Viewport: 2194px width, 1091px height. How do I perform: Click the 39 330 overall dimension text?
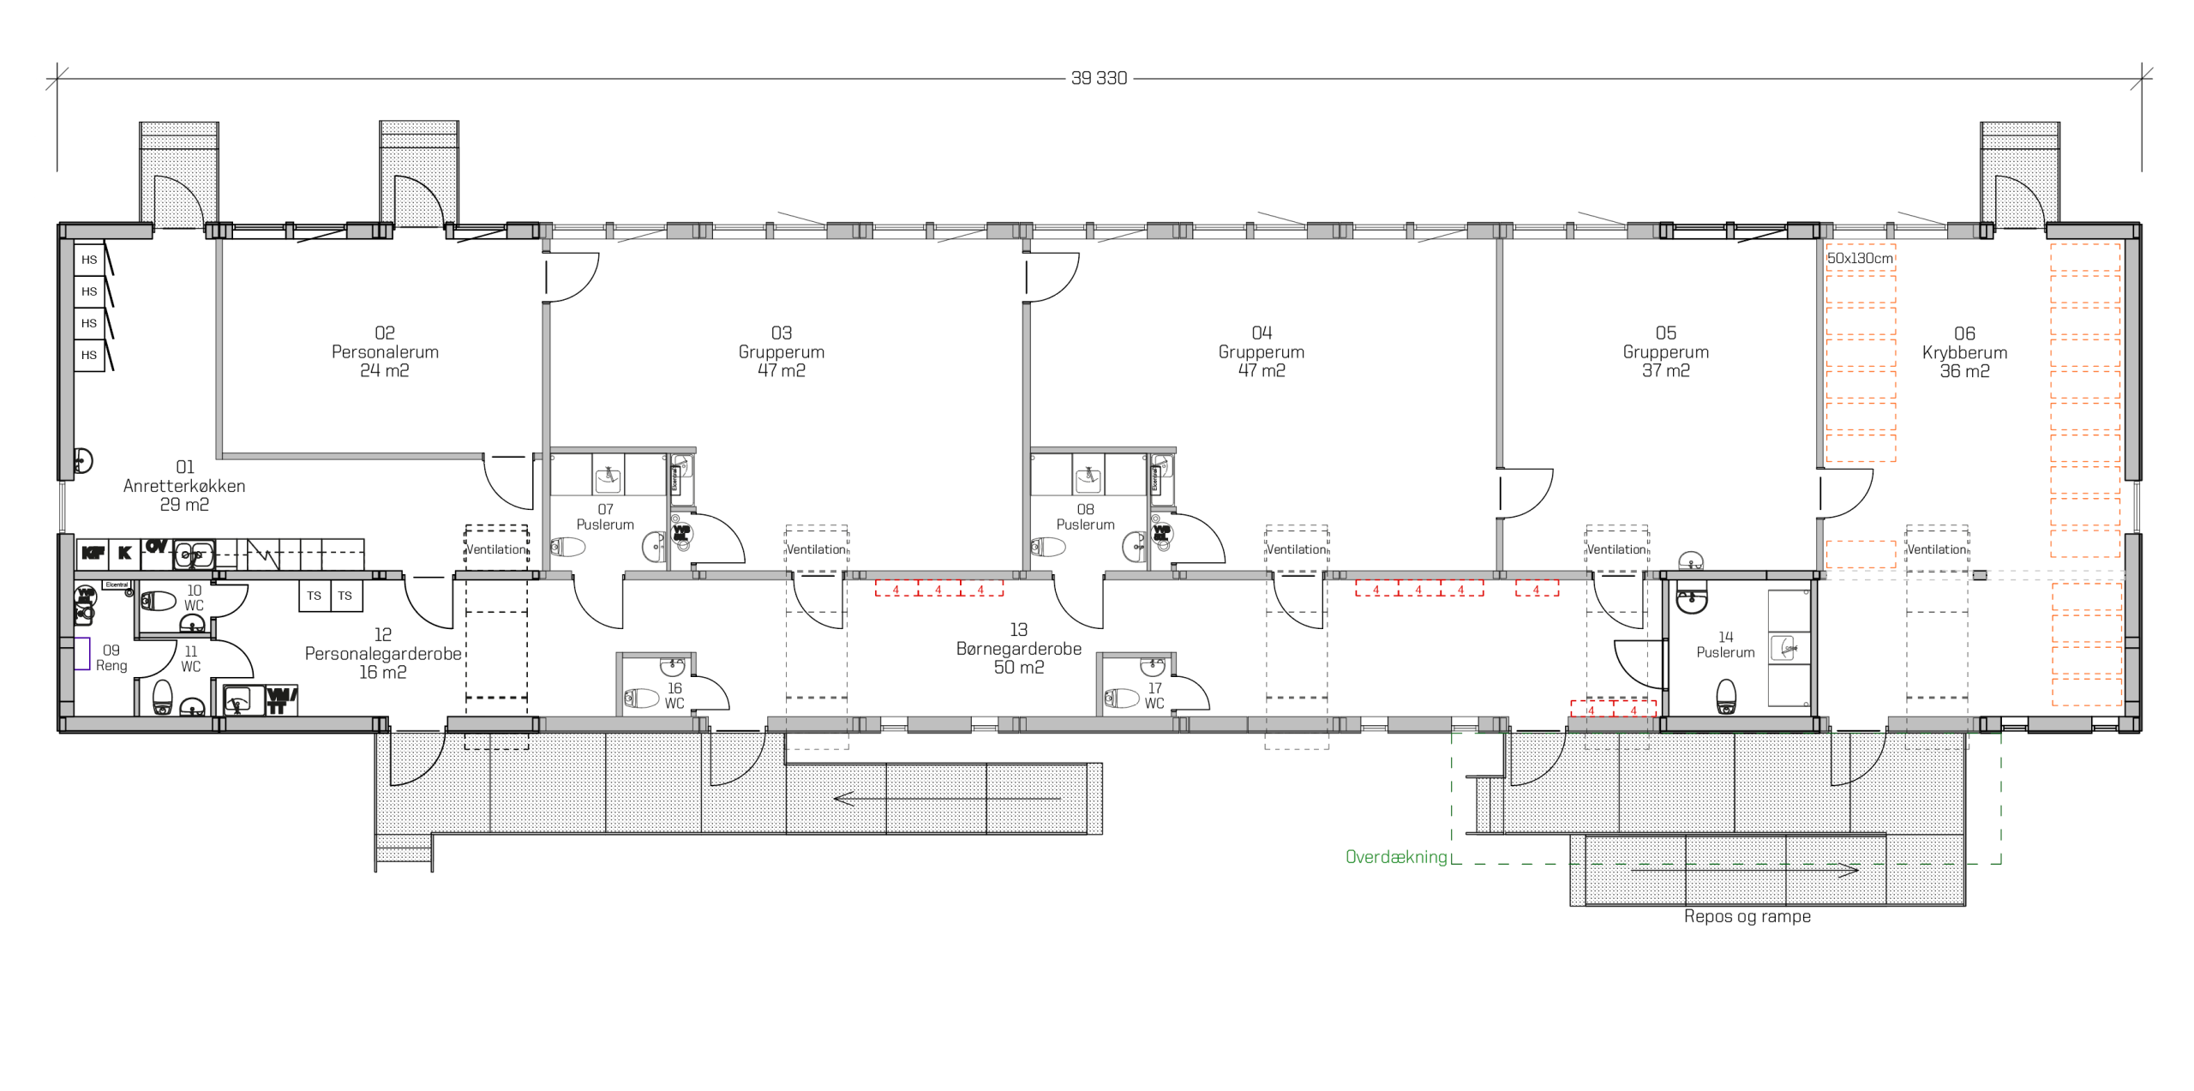click(x=1099, y=78)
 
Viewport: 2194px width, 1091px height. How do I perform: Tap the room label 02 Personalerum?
click(x=385, y=351)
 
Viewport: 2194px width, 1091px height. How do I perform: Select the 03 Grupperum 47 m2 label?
click(x=781, y=351)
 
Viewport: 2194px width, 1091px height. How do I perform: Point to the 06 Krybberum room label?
click(x=1964, y=352)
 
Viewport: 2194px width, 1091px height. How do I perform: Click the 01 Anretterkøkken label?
click(x=184, y=485)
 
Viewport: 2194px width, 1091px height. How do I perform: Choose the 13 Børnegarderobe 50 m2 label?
click(x=1018, y=648)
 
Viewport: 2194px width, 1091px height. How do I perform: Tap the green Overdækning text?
click(x=1395, y=856)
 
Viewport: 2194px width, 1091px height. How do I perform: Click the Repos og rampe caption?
click(x=1747, y=915)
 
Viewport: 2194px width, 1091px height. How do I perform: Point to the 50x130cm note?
click(x=1859, y=258)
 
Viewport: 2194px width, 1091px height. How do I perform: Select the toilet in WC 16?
click(x=640, y=698)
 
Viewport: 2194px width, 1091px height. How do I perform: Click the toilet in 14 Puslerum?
click(x=1726, y=695)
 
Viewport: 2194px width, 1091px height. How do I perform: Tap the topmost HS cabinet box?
click(x=89, y=260)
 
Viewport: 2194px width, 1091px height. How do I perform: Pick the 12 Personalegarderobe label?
click(x=383, y=653)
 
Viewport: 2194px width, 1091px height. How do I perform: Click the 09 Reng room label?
click(x=111, y=657)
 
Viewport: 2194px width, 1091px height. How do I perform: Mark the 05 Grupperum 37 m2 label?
click(x=1665, y=351)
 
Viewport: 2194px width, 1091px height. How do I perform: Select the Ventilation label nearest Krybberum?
click(x=1936, y=549)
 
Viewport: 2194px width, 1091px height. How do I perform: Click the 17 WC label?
click(x=1154, y=695)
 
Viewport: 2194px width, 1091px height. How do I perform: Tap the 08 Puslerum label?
click(x=1085, y=517)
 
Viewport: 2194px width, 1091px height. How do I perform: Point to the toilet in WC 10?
click(x=159, y=600)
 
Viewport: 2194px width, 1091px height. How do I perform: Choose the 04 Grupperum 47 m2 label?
click(x=1261, y=351)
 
